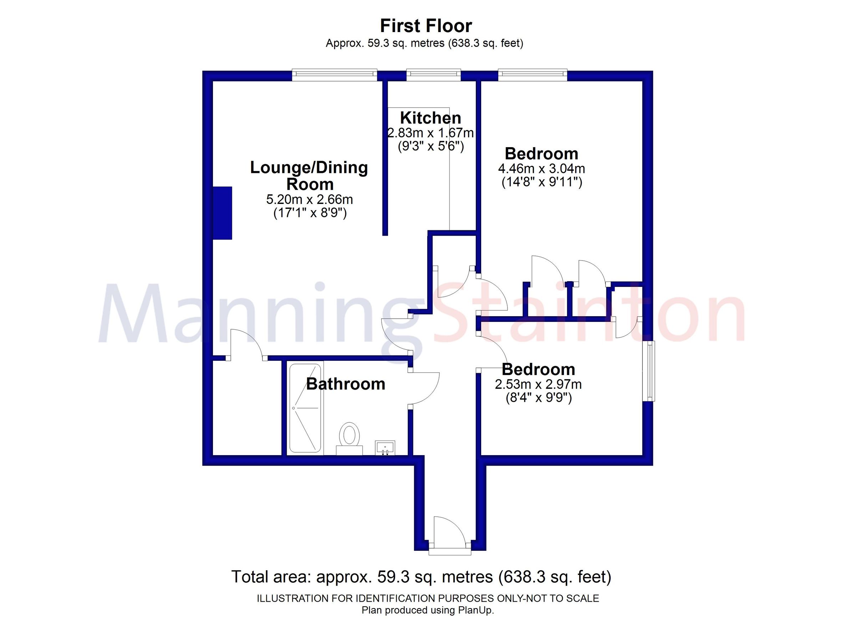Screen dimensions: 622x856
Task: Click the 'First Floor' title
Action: (x=426, y=26)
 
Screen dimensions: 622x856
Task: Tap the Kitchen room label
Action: (x=430, y=118)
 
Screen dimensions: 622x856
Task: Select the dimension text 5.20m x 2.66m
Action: (x=310, y=199)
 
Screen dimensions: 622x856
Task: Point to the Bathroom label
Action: (x=345, y=384)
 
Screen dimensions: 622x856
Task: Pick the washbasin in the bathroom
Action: (x=384, y=448)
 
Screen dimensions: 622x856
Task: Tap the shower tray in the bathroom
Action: (x=305, y=408)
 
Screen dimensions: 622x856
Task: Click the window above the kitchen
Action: (x=433, y=75)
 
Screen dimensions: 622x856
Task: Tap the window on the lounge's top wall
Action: (x=335, y=75)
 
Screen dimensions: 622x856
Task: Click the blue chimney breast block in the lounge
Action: (x=222, y=213)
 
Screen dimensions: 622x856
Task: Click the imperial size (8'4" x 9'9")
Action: (x=539, y=398)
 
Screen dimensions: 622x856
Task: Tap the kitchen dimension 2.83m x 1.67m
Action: (x=430, y=133)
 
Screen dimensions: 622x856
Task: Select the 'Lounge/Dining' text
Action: (x=309, y=168)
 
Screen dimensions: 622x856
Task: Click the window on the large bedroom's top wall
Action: (x=532, y=75)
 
